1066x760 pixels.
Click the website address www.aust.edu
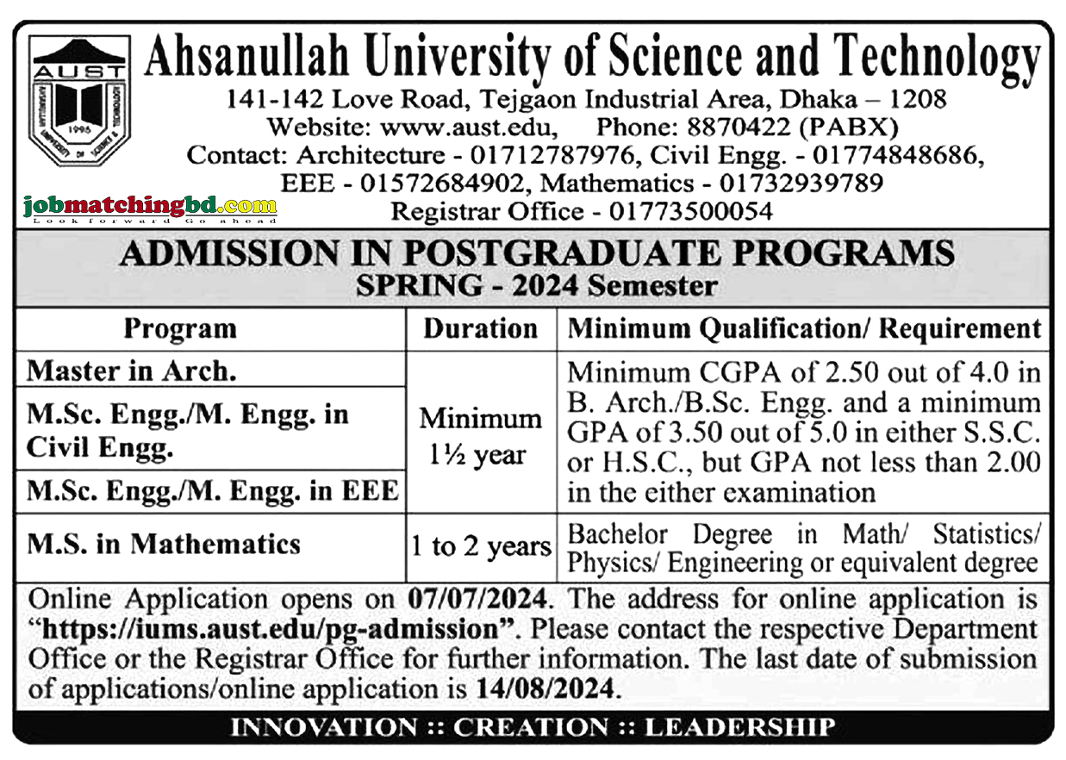pos(468,128)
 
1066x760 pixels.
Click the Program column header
pos(179,329)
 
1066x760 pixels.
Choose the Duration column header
pos(481,329)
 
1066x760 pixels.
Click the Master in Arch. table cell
pos(132,371)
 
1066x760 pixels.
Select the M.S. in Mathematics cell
pos(164,544)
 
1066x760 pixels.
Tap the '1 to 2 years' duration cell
pos(481,546)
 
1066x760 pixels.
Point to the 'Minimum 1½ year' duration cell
pos(481,436)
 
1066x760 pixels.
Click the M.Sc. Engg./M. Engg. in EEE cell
pos(213,491)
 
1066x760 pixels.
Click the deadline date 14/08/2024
pos(546,689)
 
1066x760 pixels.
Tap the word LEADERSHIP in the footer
pos(739,726)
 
